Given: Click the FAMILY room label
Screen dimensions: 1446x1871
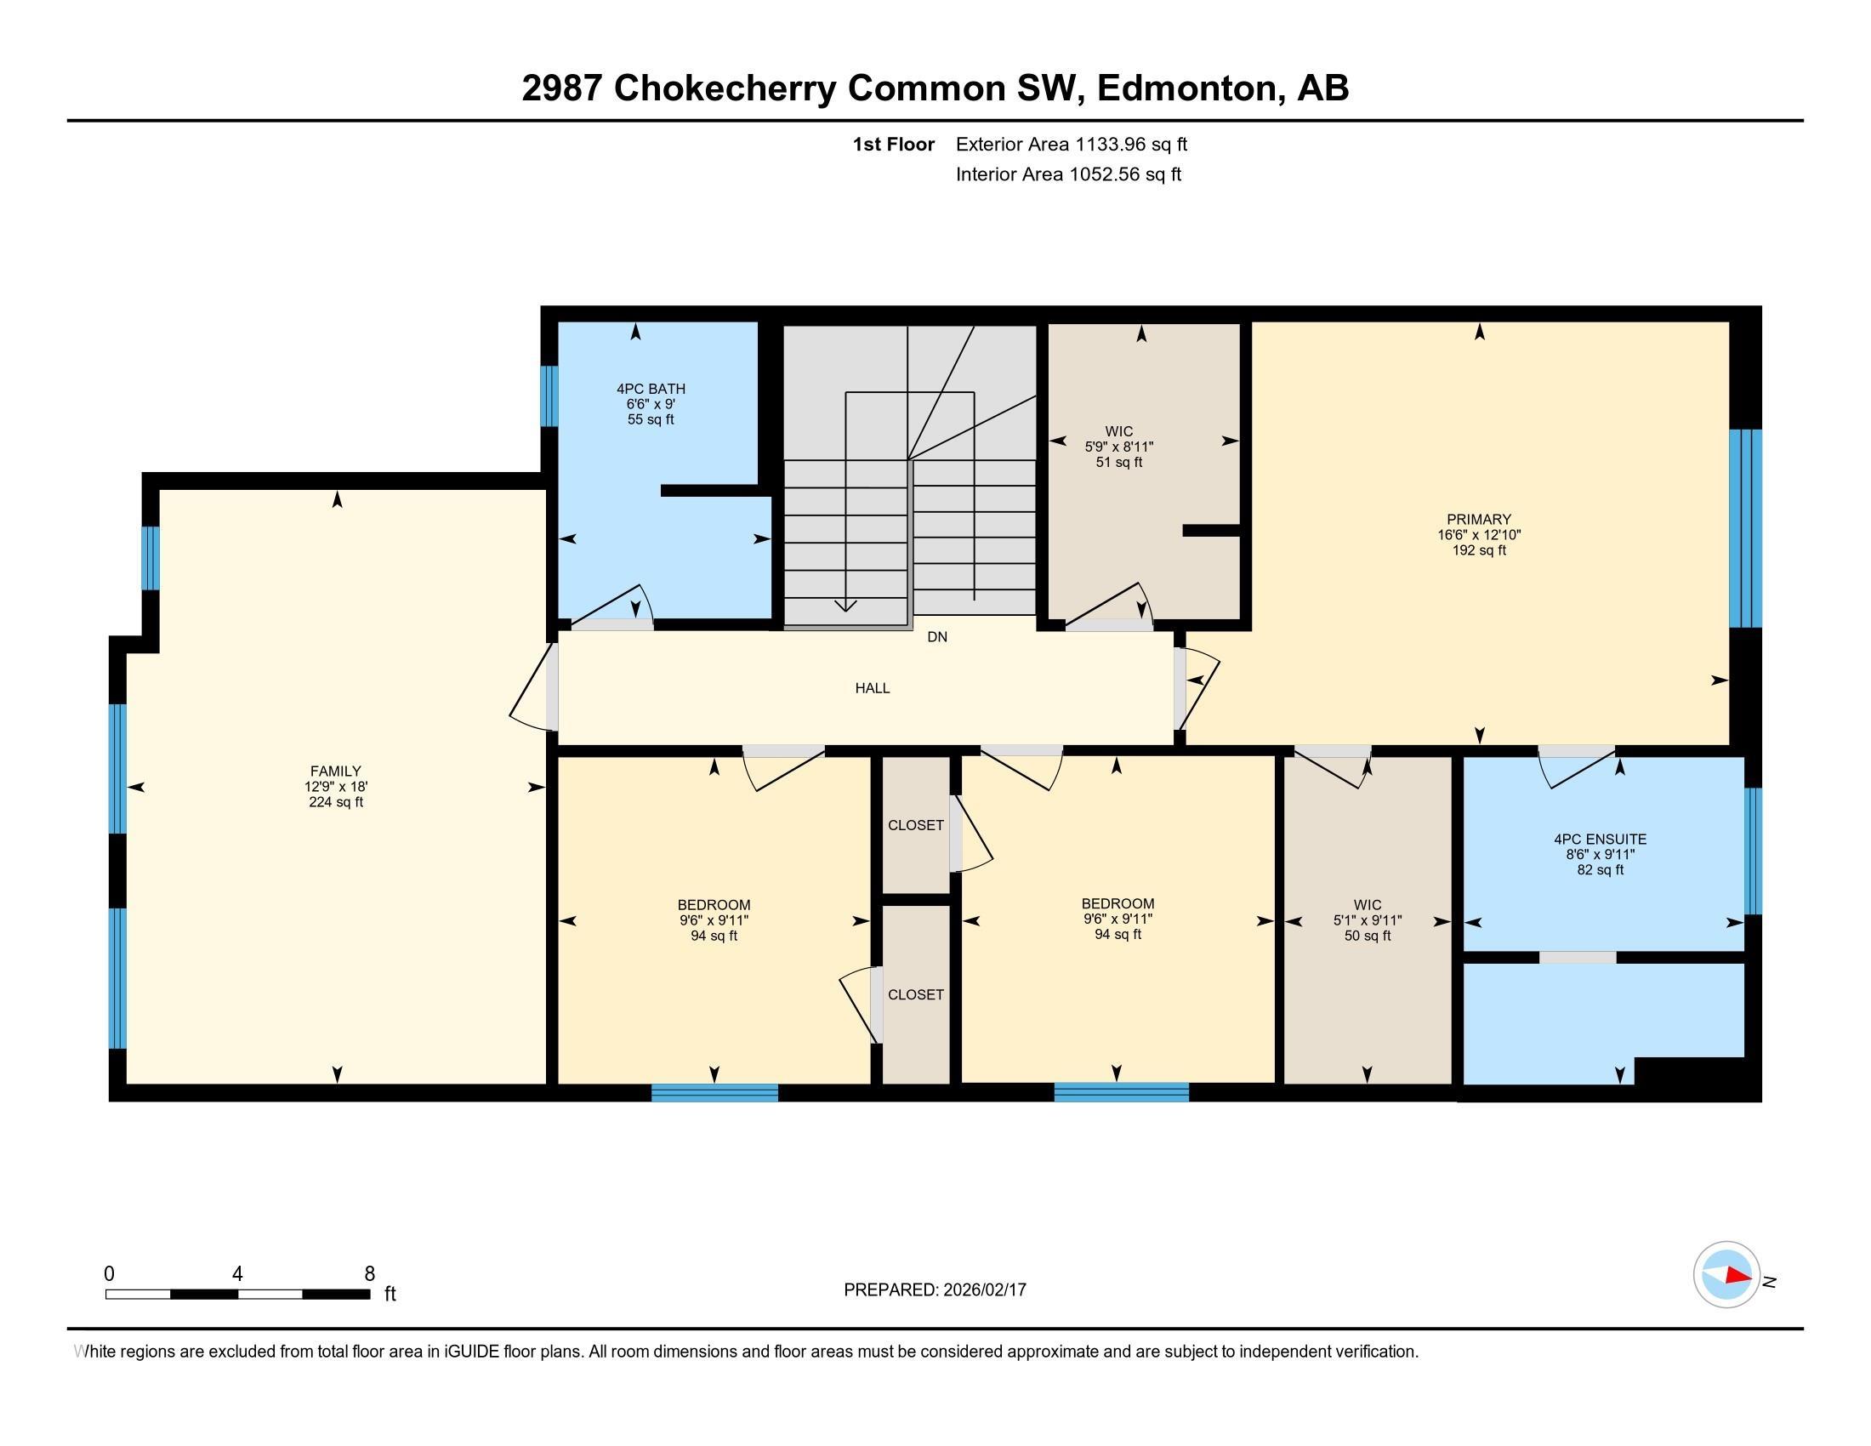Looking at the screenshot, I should click(x=336, y=771).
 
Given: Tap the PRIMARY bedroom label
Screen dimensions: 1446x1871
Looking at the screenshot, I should click(x=1479, y=519).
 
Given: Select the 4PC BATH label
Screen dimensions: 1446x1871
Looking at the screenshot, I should click(x=651, y=389).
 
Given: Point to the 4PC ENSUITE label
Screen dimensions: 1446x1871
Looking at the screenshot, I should click(x=1600, y=840).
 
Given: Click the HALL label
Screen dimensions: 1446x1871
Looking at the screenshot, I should click(x=872, y=688).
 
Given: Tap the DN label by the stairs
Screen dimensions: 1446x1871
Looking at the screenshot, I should click(x=937, y=637).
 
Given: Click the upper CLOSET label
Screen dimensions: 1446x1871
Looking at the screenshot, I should click(x=915, y=825).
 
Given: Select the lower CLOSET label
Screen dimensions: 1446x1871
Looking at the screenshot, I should click(x=915, y=994).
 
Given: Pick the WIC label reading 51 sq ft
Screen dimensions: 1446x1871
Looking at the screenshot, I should click(x=1119, y=432).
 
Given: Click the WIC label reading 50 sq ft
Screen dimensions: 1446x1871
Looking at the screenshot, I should click(x=1368, y=905).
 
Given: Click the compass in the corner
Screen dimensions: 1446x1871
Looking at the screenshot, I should click(x=1726, y=1275).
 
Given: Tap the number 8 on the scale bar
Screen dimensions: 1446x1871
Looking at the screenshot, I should click(x=369, y=1274).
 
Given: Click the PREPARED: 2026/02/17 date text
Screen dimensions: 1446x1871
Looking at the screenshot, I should click(x=935, y=1290).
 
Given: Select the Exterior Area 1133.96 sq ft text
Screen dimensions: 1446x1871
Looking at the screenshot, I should click(x=1071, y=145).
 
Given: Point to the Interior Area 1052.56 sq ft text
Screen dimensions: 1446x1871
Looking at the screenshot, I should click(x=1068, y=174).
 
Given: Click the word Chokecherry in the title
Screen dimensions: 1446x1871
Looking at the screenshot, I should click(x=725, y=88).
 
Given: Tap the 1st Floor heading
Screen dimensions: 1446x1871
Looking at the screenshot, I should click(x=893, y=145).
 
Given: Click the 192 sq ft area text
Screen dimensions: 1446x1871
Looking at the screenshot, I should click(x=1479, y=551).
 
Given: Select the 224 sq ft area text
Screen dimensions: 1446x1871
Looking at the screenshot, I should click(x=336, y=803).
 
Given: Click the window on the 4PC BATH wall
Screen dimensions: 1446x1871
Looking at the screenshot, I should click(x=549, y=396).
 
